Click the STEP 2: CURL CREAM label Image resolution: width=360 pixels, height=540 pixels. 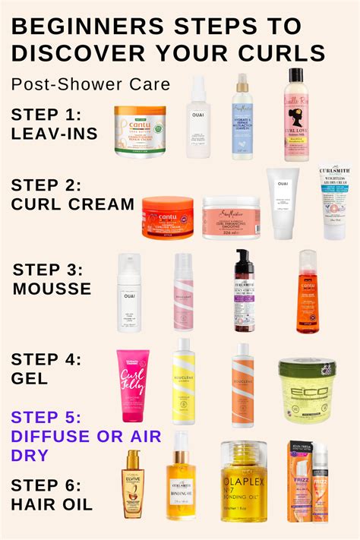point(73,194)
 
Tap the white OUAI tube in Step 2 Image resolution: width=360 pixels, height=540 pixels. point(283,204)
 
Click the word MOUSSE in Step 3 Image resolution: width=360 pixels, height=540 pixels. point(52,288)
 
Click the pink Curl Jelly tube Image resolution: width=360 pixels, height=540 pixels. point(133,386)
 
